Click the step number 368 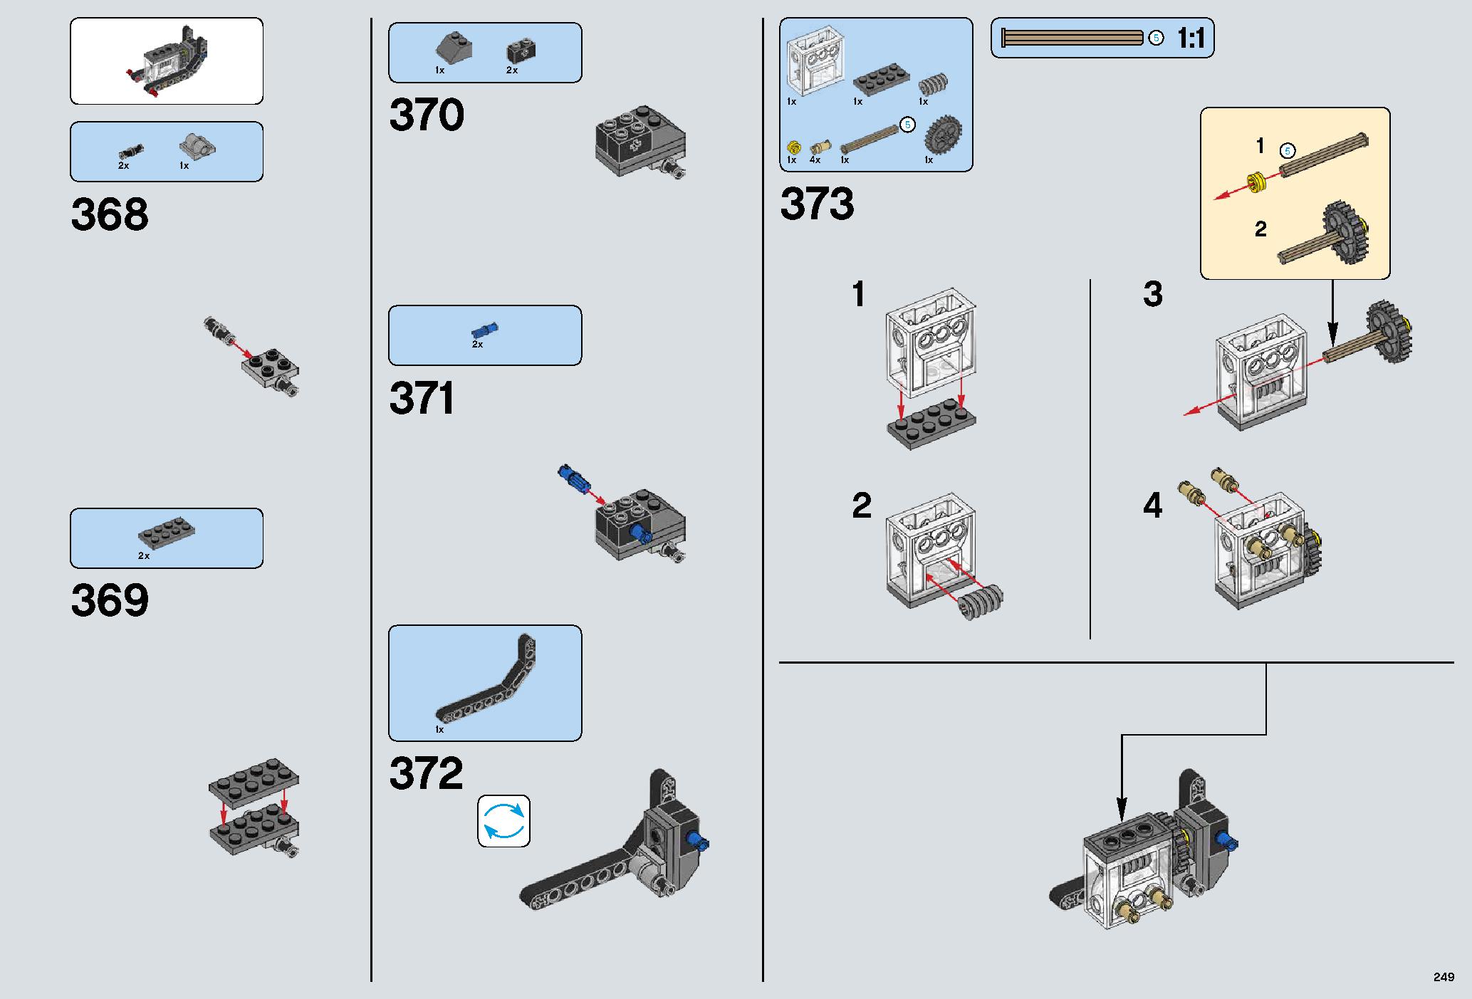(x=110, y=214)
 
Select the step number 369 (x=110, y=601)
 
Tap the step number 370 (x=427, y=115)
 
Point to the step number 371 (x=422, y=399)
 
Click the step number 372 (x=426, y=773)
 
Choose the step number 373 (x=817, y=204)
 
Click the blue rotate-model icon (x=503, y=821)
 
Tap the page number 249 (x=1444, y=976)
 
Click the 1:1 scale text (x=1191, y=38)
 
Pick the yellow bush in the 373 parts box (x=793, y=147)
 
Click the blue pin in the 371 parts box (x=484, y=330)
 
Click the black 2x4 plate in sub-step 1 (x=931, y=424)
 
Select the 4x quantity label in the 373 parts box (x=815, y=160)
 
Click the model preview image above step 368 (x=167, y=61)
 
